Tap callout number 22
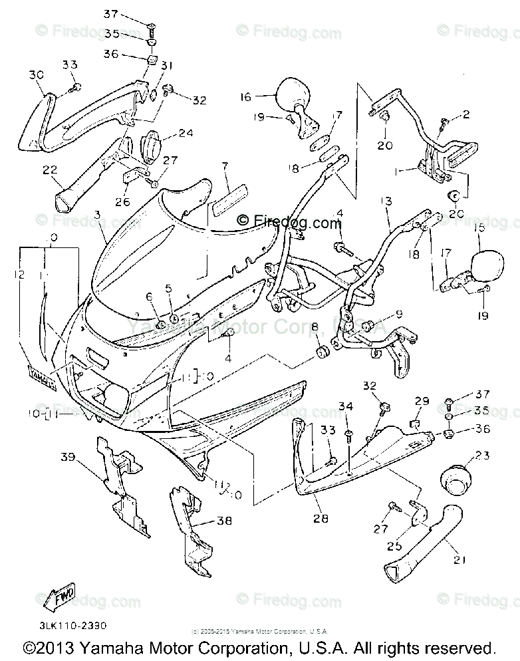pyautogui.click(x=50, y=170)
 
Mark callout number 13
pyautogui.click(x=386, y=201)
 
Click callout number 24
pyautogui.click(x=186, y=133)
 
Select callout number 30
pyautogui.click(x=36, y=76)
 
